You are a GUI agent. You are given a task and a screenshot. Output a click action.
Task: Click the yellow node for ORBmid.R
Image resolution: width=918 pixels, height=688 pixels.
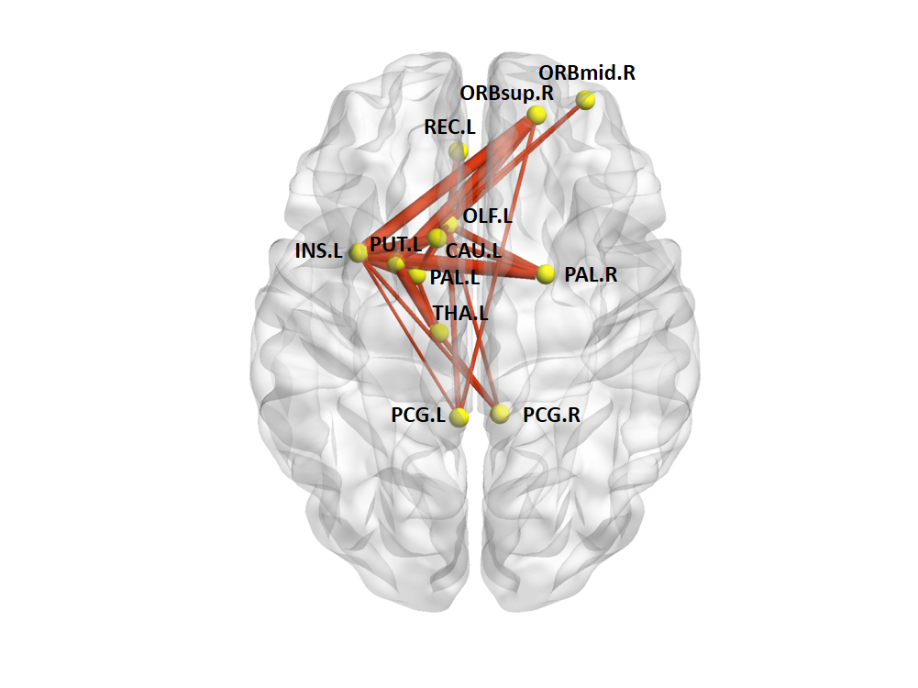[x=586, y=100]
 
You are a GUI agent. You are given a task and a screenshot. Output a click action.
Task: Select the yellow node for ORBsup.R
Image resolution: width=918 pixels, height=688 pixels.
[x=536, y=115]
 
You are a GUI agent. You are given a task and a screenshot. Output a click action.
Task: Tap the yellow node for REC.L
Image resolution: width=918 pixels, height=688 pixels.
[x=459, y=150]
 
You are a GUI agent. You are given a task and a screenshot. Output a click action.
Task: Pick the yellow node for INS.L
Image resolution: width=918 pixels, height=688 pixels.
[x=359, y=251]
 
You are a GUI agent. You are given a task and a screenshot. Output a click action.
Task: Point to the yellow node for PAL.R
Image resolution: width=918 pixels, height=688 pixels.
[x=546, y=273]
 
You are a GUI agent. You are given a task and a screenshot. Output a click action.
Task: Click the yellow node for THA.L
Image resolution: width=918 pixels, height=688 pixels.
[x=440, y=332]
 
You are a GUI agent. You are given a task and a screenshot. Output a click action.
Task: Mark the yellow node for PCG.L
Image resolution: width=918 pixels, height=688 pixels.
[x=459, y=416]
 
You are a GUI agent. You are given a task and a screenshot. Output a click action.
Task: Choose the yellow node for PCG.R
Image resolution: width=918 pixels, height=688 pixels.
[x=500, y=414]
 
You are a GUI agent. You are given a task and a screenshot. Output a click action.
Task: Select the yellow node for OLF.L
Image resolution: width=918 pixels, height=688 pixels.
[x=449, y=225]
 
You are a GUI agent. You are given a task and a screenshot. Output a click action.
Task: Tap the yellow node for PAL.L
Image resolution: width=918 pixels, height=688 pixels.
[x=417, y=275]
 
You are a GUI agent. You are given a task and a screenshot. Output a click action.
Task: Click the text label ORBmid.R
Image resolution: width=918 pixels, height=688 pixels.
[x=586, y=72]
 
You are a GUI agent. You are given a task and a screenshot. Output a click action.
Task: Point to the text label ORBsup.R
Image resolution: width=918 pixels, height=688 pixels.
[x=506, y=93]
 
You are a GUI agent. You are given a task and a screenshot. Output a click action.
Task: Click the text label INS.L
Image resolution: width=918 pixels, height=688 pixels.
[x=318, y=251]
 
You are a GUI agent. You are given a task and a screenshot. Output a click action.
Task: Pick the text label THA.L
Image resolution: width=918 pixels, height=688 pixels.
[x=460, y=312]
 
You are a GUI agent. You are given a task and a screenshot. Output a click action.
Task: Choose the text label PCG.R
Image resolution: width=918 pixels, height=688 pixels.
[x=551, y=415]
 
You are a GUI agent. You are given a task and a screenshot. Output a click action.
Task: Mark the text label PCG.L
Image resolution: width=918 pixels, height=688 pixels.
[x=417, y=415]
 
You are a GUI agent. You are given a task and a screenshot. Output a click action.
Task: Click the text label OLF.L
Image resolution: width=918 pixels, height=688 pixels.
[x=488, y=216]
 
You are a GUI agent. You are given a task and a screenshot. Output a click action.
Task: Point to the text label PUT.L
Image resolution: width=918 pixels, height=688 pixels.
[x=395, y=244]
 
